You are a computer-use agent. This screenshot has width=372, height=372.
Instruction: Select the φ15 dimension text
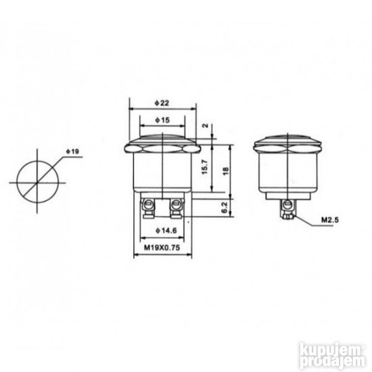(x=161, y=120)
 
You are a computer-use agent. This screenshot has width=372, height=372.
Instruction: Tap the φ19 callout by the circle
(x=73, y=151)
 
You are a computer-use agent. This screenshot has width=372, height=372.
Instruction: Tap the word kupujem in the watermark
(x=324, y=350)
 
